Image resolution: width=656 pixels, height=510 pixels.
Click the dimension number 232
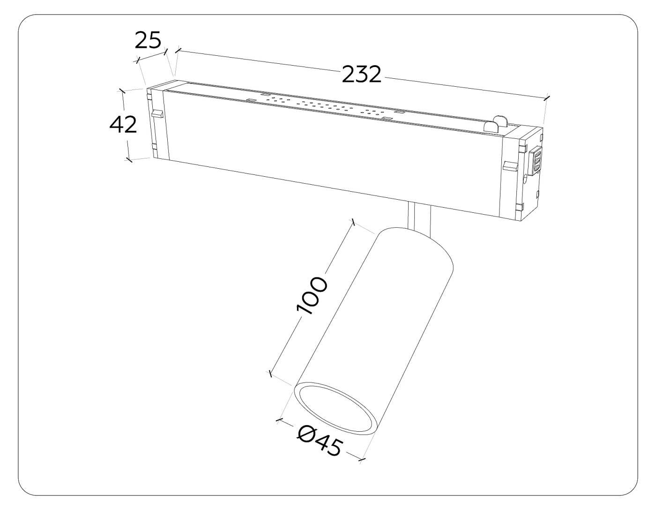click(361, 74)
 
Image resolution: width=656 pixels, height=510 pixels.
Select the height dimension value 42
click(123, 125)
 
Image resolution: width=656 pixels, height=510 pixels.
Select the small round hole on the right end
click(525, 178)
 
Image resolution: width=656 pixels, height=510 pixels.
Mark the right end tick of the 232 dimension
click(546, 98)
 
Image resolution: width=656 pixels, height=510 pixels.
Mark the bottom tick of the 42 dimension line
click(128, 160)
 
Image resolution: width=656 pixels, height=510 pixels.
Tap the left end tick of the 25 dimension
click(137, 60)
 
